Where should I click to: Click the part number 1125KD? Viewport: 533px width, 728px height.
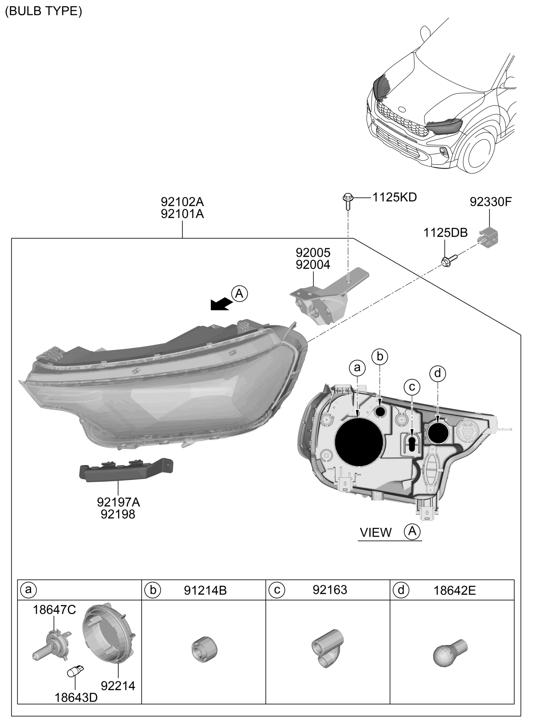(x=395, y=197)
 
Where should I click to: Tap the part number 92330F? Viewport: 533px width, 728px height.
(x=491, y=202)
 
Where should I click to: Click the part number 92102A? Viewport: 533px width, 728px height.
(x=182, y=202)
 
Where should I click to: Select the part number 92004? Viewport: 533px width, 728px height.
(x=313, y=265)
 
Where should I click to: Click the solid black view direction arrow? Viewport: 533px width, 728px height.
(x=221, y=304)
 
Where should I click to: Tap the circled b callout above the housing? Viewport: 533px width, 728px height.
(x=379, y=357)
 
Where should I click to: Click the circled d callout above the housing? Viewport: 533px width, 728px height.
(x=437, y=374)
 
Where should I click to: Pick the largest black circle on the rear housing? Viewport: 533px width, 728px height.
(x=359, y=442)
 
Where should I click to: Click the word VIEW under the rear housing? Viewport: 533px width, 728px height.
(x=376, y=532)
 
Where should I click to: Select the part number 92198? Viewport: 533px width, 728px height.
(x=118, y=514)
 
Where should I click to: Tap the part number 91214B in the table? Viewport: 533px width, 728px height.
(x=205, y=590)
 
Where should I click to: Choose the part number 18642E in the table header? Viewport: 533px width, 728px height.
(x=454, y=590)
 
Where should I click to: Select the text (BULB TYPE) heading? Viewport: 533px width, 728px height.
(x=43, y=11)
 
